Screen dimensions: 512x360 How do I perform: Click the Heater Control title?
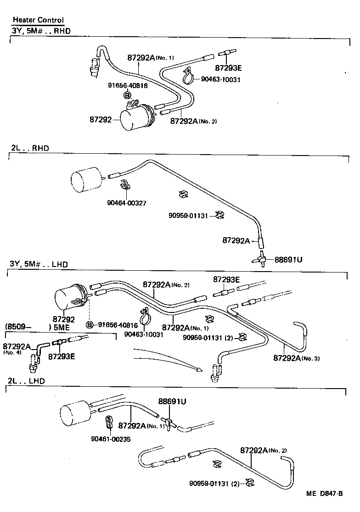(x=38, y=20)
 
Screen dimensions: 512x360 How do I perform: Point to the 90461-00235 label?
(x=111, y=438)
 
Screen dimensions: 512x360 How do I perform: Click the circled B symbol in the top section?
(x=127, y=95)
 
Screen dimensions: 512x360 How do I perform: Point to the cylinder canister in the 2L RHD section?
(x=87, y=178)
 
